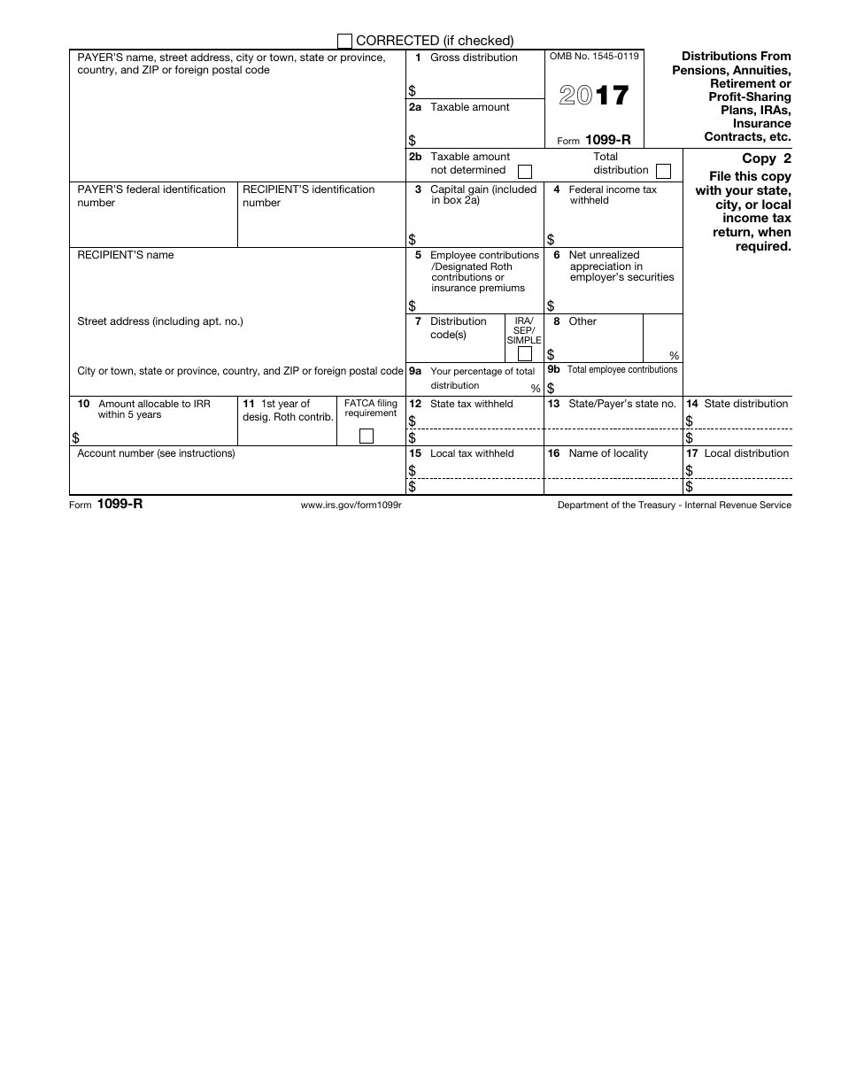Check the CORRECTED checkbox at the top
pos(345,41)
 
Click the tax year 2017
pos(594,96)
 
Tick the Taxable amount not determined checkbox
pos(525,171)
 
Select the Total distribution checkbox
pos(663,171)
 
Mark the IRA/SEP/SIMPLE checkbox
pos(524,354)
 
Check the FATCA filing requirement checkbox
pos(366,436)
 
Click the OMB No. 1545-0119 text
pos(594,57)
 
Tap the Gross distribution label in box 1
pos(474,58)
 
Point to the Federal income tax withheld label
pos(613,195)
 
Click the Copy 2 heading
pos(766,159)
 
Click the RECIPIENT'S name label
pos(126,255)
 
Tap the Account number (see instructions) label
pos(157,453)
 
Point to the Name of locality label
pos(608,453)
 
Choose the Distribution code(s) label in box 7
pos(458,328)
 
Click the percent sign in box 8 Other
pos(675,355)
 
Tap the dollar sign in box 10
pos(75,437)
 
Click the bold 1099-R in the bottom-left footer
pos(113,505)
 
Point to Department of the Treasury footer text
pos(674,505)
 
